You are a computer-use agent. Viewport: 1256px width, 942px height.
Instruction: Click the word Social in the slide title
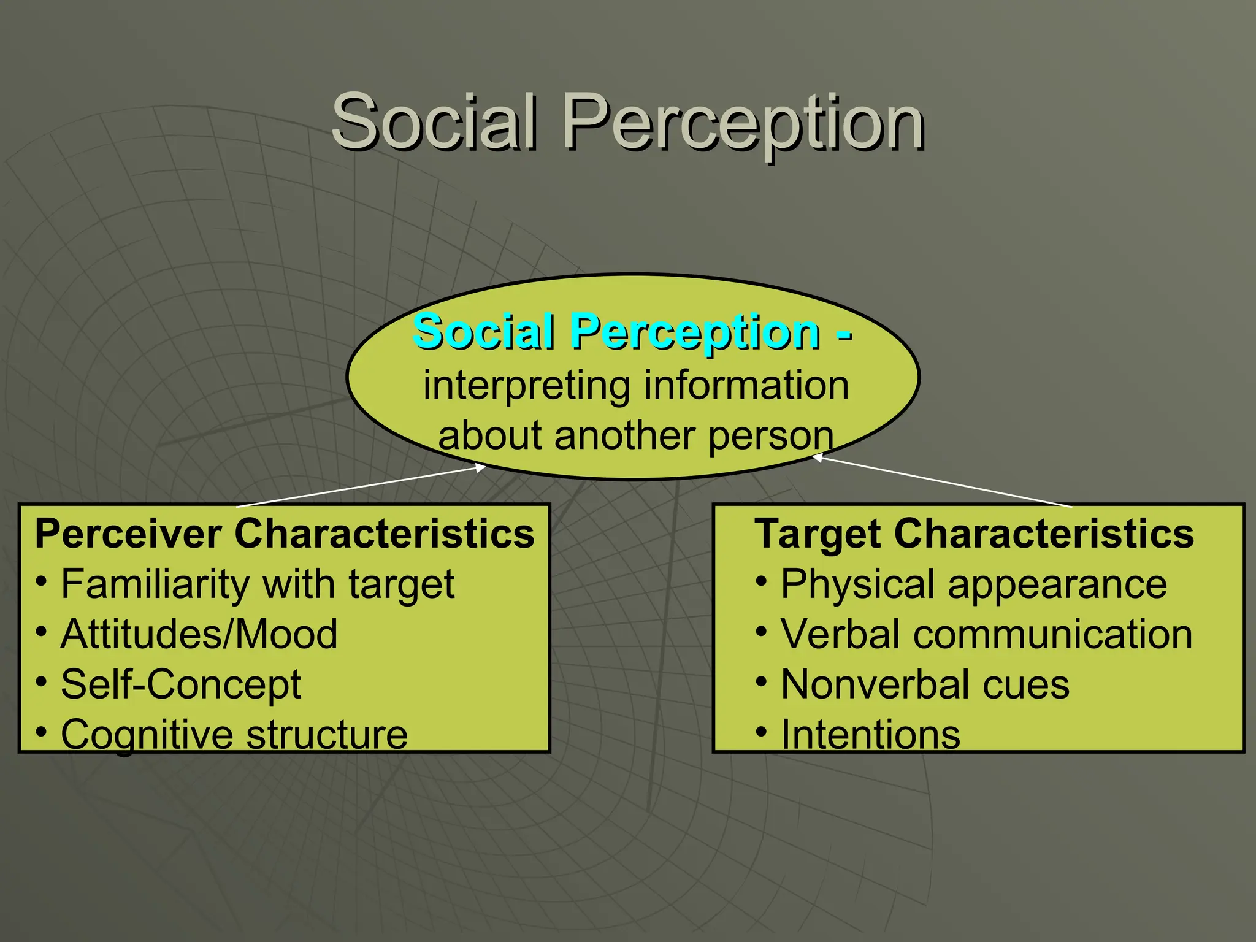click(x=434, y=121)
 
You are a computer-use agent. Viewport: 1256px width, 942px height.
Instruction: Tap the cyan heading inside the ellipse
click(x=632, y=332)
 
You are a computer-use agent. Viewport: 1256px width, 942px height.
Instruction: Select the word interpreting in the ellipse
click(x=526, y=386)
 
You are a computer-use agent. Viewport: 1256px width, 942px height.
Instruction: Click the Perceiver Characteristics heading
click(x=285, y=534)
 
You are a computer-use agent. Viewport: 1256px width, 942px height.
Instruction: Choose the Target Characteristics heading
click(x=974, y=534)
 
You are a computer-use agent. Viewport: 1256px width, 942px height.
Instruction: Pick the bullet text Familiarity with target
click(x=258, y=584)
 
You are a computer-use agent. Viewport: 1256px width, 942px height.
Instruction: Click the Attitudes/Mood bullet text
click(x=199, y=634)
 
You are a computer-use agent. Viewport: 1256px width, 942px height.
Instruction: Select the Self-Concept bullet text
click(x=181, y=684)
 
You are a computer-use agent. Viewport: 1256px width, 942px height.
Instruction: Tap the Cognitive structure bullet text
click(x=234, y=734)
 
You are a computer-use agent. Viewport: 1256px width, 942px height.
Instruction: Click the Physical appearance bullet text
click(x=974, y=584)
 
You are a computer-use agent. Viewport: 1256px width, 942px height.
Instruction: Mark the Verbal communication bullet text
click(x=986, y=634)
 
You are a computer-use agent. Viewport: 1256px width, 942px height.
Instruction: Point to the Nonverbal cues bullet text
click(x=925, y=684)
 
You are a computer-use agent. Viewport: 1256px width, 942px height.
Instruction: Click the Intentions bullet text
click(x=870, y=734)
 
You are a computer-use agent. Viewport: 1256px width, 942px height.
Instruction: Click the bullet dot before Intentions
click(x=761, y=731)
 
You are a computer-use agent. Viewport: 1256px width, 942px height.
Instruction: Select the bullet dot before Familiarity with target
click(x=41, y=581)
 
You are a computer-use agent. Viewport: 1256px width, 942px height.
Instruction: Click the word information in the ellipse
click(x=746, y=386)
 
